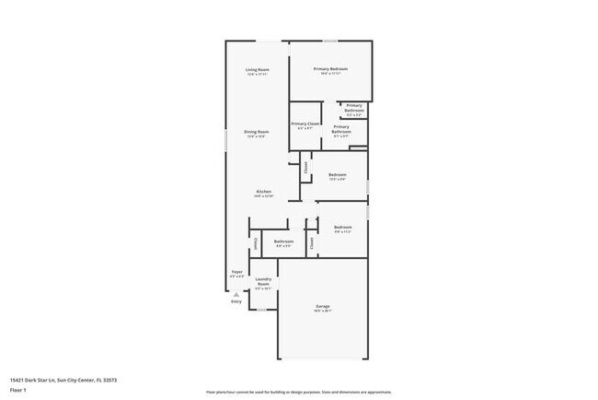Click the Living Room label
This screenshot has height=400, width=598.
(x=257, y=71)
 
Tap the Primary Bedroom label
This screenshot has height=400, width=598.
(x=330, y=70)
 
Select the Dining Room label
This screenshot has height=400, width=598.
(x=256, y=132)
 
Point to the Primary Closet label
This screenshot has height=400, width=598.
(x=305, y=124)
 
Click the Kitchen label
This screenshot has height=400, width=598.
(x=263, y=192)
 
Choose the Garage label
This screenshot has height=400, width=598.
(x=323, y=306)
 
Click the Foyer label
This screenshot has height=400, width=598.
(x=236, y=271)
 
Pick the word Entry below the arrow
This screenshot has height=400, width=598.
(x=236, y=301)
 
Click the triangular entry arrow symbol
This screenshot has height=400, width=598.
(x=236, y=294)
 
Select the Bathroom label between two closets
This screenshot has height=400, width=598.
(x=283, y=241)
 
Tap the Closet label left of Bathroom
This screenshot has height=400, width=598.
(x=254, y=244)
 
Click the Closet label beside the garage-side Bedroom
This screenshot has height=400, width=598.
(x=312, y=243)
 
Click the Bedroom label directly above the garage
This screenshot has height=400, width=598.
(x=342, y=227)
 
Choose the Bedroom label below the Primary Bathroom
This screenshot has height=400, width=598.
(x=338, y=174)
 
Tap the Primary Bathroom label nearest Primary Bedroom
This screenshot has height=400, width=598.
(x=354, y=108)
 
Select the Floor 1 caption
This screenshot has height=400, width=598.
(x=18, y=391)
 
